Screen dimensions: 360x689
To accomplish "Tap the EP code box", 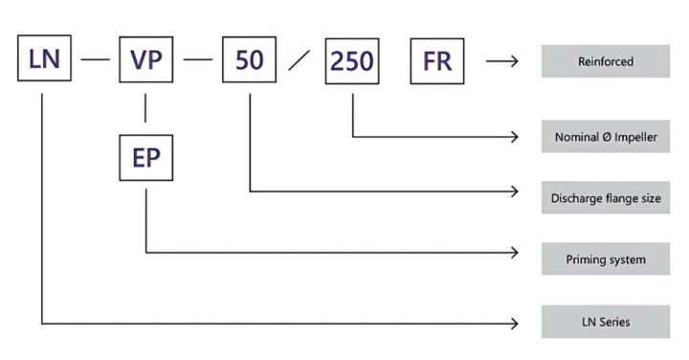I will pyautogui.click(x=146, y=158).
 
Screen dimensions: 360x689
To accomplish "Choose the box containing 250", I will pyautogui.click(x=353, y=61).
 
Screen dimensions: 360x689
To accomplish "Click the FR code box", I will pyautogui.click(x=437, y=61).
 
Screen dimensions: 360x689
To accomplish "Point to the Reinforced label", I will pyautogui.click(x=606, y=61).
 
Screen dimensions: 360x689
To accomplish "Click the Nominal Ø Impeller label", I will pyautogui.click(x=606, y=136).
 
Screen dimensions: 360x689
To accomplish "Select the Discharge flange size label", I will pyautogui.click(x=606, y=197).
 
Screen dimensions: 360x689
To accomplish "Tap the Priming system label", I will pyautogui.click(x=606, y=259).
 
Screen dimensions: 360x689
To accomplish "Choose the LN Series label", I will pyautogui.click(x=606, y=321).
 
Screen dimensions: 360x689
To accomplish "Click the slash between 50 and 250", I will pyautogui.click(x=300, y=61).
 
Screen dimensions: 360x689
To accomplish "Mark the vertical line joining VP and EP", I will pyautogui.click(x=146, y=109).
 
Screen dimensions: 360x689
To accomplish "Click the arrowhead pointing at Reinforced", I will pyautogui.click(x=514, y=61).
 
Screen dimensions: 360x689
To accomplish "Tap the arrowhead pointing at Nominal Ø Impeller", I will pyautogui.click(x=514, y=136).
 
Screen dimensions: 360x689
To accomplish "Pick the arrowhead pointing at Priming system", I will pyautogui.click(x=514, y=253).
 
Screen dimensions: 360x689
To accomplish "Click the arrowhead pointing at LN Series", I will pyautogui.click(x=514, y=321).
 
